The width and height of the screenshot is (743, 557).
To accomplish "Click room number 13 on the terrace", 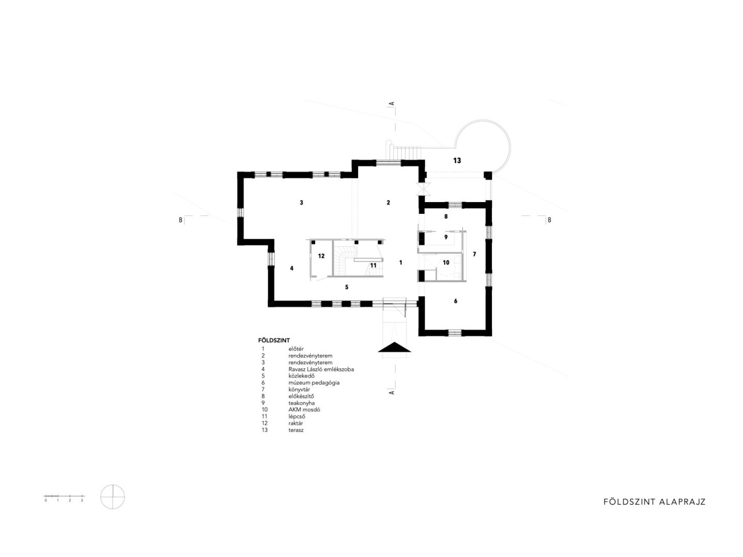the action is (x=457, y=161).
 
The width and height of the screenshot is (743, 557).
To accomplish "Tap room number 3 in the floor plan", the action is (x=301, y=203).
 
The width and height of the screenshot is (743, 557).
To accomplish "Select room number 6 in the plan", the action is (x=456, y=301).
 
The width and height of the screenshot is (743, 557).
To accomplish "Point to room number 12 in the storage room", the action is (x=321, y=256).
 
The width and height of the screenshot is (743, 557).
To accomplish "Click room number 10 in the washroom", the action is (x=446, y=262).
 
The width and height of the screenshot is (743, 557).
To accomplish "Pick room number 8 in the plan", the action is (x=446, y=216).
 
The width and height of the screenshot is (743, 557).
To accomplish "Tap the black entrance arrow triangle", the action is (x=394, y=347).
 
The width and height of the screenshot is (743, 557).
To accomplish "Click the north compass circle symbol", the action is (x=113, y=497).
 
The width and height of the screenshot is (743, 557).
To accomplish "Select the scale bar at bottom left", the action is (x=64, y=498).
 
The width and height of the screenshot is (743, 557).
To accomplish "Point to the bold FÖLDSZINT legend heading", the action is (x=274, y=341).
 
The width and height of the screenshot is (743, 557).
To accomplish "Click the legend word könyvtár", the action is (x=299, y=390).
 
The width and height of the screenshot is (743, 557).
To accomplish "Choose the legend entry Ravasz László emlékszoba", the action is (x=321, y=369).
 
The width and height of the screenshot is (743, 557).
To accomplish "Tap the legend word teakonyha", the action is (x=302, y=403).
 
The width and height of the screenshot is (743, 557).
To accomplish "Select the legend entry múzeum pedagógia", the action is (x=314, y=383).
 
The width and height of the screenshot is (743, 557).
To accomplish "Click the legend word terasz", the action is (x=296, y=430).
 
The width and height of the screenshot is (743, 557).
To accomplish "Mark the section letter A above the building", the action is (x=392, y=103).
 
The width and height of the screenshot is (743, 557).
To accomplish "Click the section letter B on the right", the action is (x=549, y=220).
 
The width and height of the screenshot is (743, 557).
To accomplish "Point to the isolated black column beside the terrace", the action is (x=487, y=176).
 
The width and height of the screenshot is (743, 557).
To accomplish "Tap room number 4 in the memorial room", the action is (x=291, y=268).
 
